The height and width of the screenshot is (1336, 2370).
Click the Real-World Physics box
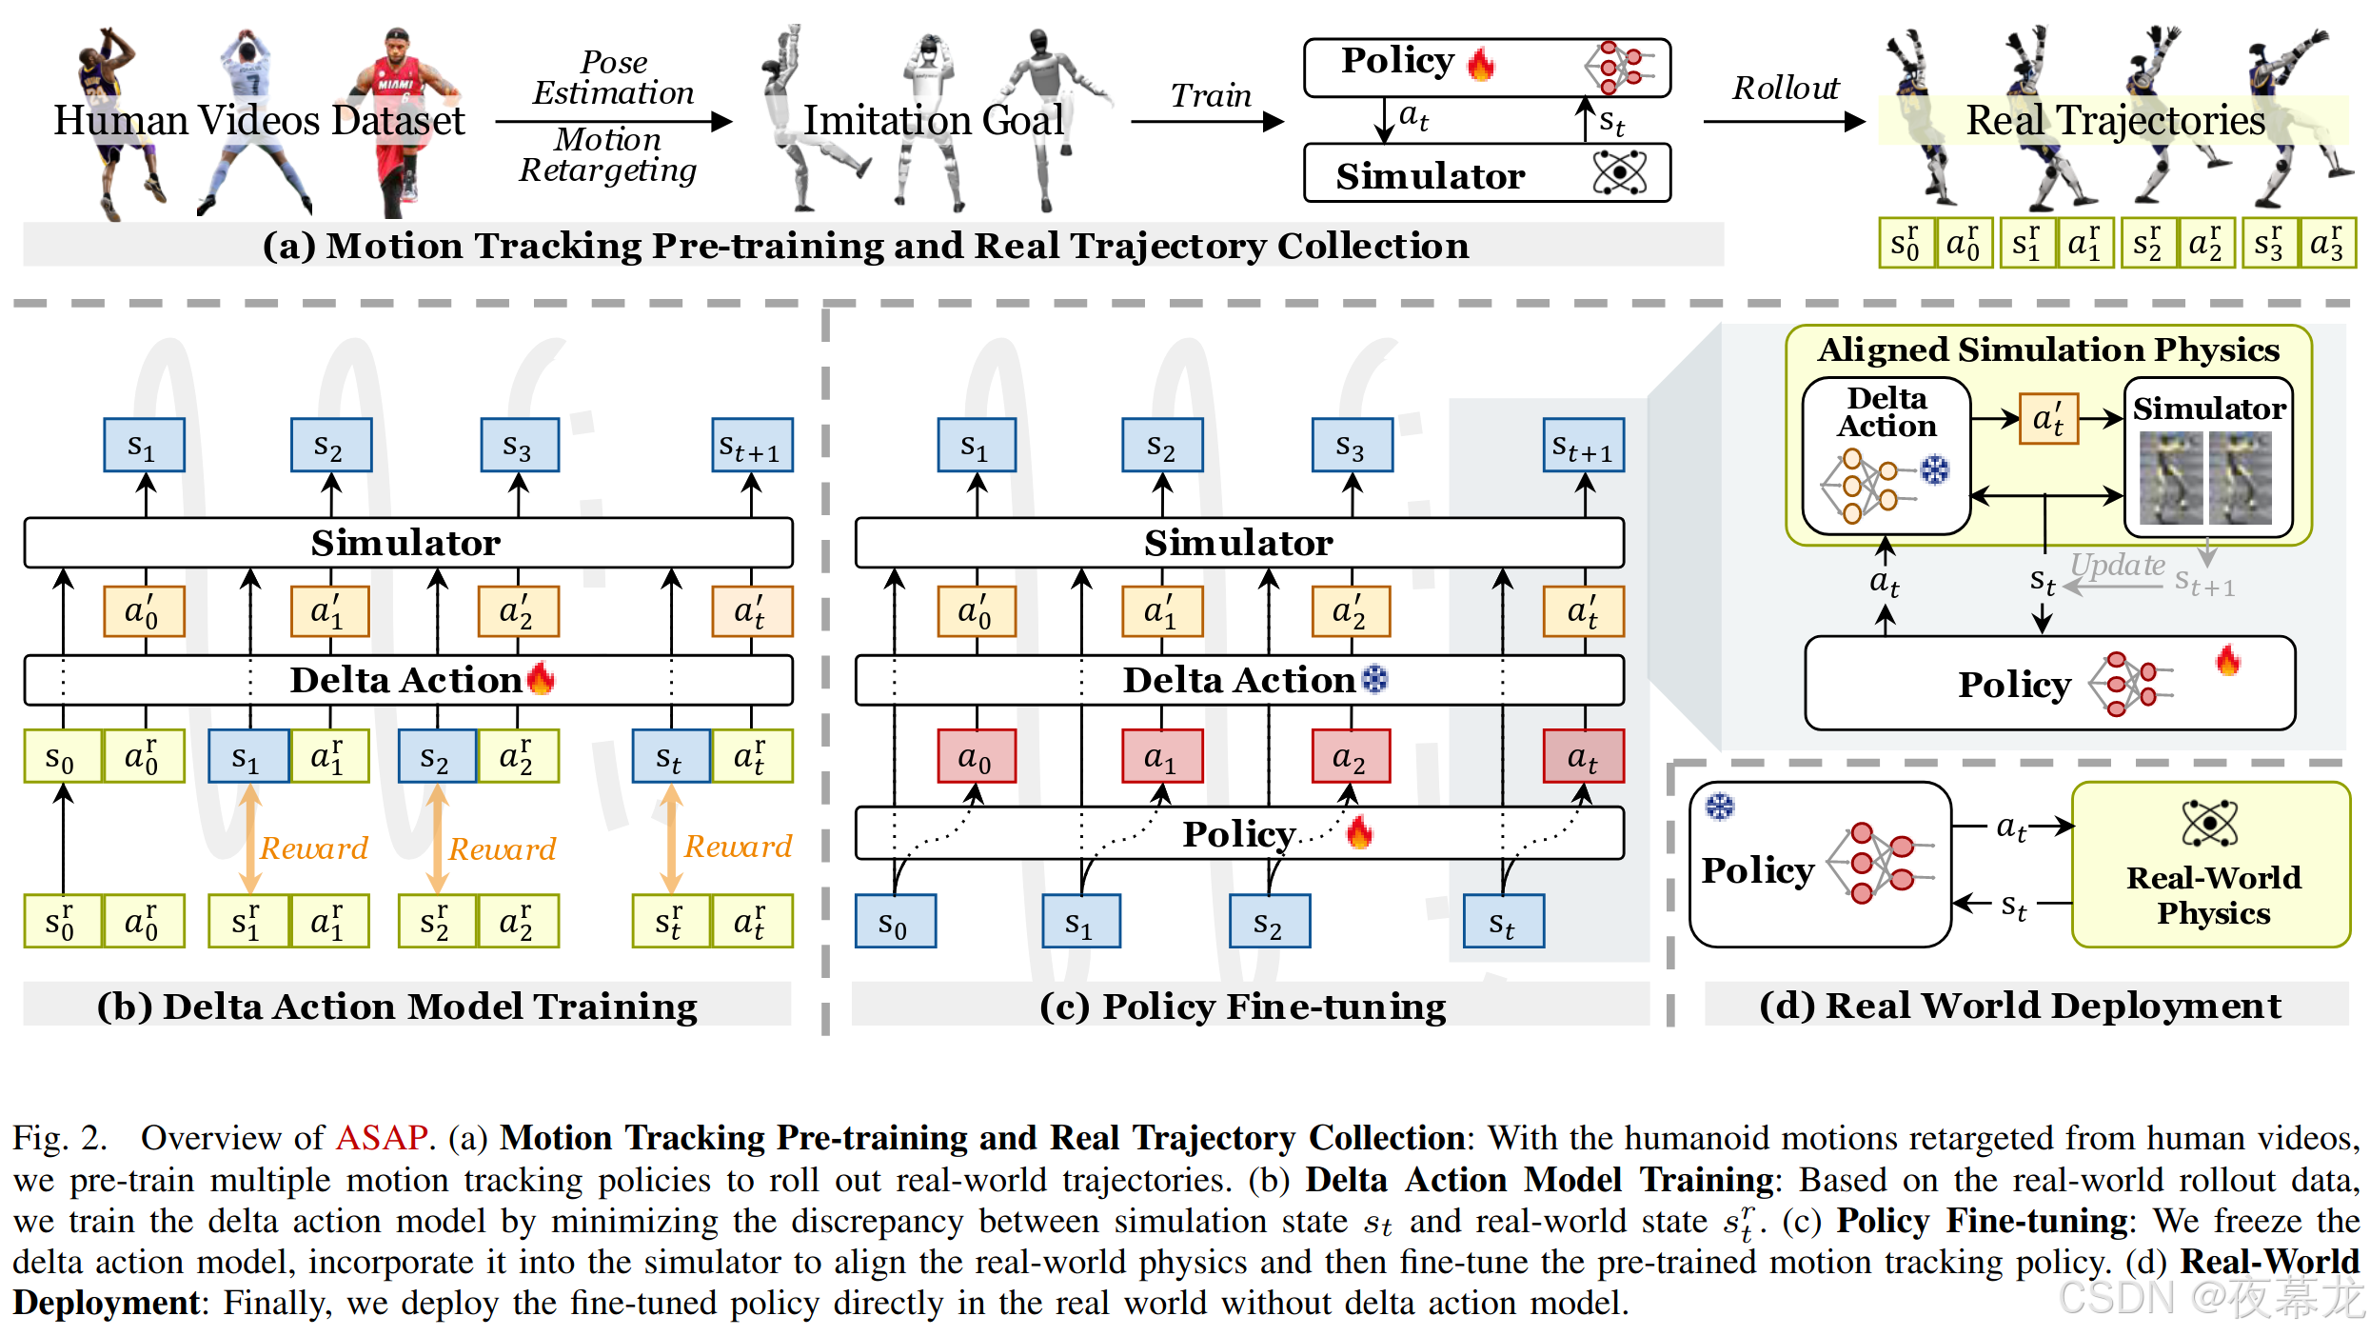[x=2210, y=865]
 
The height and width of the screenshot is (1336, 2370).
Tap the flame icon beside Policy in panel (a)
[x=1481, y=64]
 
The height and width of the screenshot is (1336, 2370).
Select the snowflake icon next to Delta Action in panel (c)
[x=1374, y=679]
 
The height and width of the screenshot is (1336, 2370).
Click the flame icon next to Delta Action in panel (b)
[x=541, y=678]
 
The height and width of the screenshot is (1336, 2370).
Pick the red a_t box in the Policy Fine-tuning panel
[x=1583, y=757]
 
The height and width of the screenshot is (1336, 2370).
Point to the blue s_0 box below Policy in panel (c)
[x=895, y=922]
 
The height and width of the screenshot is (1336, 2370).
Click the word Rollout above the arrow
[x=1785, y=88]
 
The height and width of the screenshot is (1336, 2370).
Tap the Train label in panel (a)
[x=1210, y=95]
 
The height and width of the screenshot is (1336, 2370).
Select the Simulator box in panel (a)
[x=1486, y=174]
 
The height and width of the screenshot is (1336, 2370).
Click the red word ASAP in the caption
[x=381, y=1138]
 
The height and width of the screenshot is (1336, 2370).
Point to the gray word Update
[x=2117, y=565]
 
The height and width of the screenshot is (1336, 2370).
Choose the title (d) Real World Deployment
[x=2020, y=1006]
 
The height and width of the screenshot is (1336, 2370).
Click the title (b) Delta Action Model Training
[x=397, y=1007]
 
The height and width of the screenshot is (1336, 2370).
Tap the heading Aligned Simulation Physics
[x=2048, y=349]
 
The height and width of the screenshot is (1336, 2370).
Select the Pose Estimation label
[x=614, y=77]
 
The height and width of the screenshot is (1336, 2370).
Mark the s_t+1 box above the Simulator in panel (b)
[x=752, y=446]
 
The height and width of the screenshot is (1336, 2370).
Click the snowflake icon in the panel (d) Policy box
[x=1719, y=807]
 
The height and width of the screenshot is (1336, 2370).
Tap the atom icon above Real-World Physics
[x=2209, y=823]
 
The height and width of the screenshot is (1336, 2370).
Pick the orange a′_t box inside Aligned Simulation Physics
[x=2048, y=419]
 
